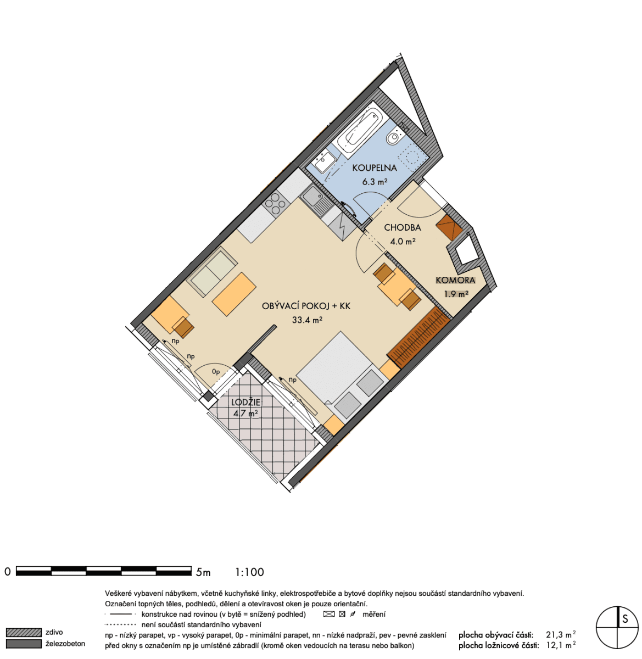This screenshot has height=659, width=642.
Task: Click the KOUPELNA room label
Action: (x=374, y=168)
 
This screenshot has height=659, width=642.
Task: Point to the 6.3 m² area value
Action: (x=375, y=181)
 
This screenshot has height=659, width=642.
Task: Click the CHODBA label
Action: (x=403, y=227)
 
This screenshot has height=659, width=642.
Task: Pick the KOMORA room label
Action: (x=455, y=280)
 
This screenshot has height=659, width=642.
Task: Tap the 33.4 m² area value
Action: (x=306, y=320)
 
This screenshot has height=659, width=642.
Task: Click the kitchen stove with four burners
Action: (x=276, y=205)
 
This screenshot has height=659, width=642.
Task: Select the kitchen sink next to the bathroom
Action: (x=316, y=199)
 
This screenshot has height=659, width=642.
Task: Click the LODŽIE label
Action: (x=245, y=403)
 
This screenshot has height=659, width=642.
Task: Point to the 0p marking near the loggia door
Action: (x=216, y=372)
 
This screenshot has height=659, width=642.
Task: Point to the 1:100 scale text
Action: (x=250, y=572)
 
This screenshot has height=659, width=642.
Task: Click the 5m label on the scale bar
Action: (x=203, y=572)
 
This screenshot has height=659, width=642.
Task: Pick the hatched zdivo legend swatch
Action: (x=24, y=633)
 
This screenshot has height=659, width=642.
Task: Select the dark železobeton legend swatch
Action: (x=24, y=644)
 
